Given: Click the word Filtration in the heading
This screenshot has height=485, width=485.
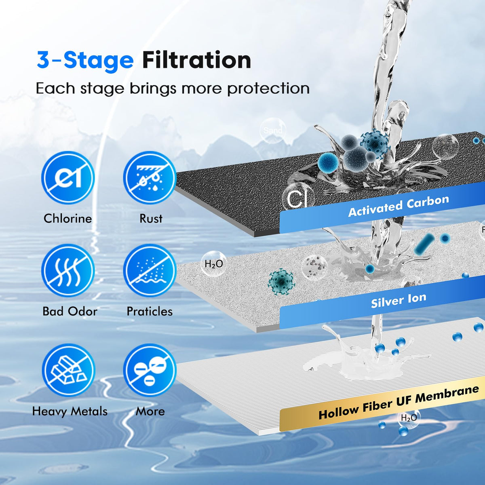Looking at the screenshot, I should point(196,60).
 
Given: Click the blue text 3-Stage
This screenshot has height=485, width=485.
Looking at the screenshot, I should point(85,60).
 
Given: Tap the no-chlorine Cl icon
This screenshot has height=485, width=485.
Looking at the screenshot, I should point(68,177).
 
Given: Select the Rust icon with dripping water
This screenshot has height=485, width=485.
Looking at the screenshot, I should point(150,177).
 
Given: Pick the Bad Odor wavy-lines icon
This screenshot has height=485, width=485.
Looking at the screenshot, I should point(68,270).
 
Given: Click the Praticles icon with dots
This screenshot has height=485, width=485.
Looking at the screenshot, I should point(150,270).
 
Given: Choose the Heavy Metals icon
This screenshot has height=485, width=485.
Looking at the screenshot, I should point(68,370).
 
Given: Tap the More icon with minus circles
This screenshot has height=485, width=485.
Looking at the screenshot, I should point(150,370).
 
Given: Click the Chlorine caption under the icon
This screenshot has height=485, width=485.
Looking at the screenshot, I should point(68,219).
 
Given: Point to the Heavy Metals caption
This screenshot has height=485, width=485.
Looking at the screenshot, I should point(70,411).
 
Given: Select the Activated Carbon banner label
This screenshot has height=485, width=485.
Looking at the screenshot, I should point(399,206).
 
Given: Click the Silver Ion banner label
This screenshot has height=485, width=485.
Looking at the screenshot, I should point(399,300).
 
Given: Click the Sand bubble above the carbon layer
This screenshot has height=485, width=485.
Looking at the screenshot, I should point(273,131).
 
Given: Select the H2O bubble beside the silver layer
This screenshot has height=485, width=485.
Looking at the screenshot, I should point(213,264).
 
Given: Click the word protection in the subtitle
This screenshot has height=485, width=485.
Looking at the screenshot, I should point(268,89).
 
